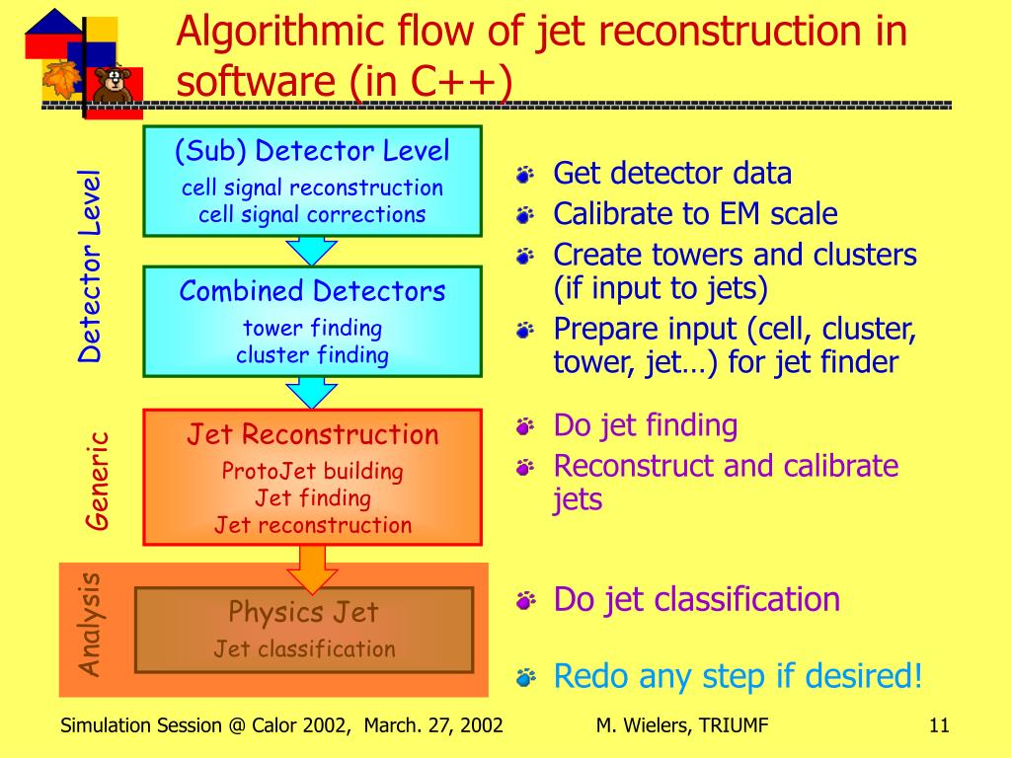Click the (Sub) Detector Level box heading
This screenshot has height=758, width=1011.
click(312, 151)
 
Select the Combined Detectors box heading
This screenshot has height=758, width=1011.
click(312, 291)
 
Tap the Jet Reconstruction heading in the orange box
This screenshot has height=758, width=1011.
click(313, 434)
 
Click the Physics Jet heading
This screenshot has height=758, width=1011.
click(303, 612)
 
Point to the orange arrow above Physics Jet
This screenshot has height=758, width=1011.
click(312, 568)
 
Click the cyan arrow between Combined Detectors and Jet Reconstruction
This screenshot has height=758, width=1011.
click(312, 393)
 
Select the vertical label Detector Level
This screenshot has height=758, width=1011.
click(91, 265)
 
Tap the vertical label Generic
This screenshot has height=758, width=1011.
click(96, 481)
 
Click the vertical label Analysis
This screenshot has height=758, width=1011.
click(91, 624)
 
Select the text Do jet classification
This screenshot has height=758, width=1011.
click(696, 599)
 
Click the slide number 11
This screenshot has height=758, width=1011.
click(938, 726)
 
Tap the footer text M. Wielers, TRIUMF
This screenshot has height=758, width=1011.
click(682, 726)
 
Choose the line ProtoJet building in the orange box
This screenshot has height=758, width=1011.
click(312, 471)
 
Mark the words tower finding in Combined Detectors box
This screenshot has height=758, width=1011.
click(312, 328)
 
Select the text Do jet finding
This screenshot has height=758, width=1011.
click(645, 425)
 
